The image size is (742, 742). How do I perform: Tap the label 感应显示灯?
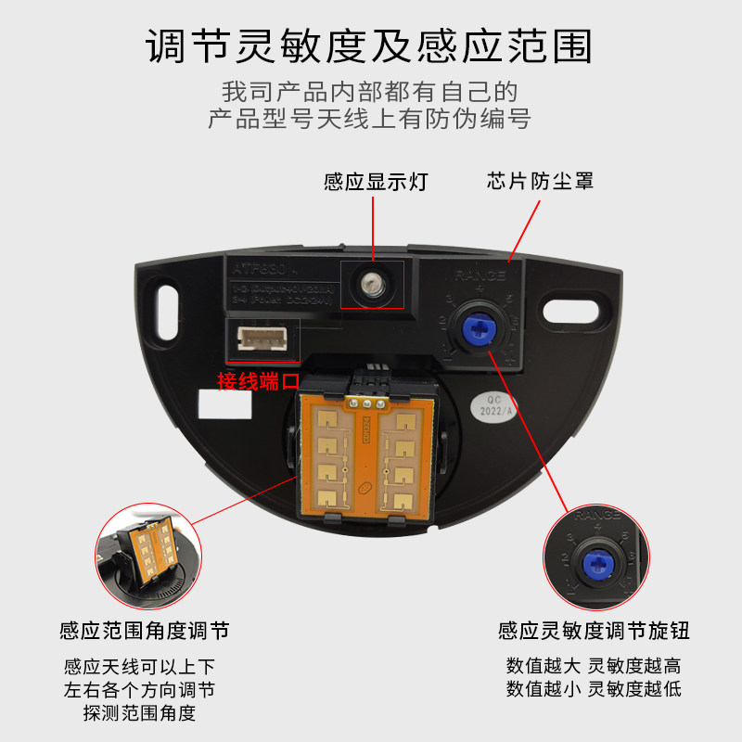point(375,181)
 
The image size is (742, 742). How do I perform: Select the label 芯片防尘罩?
point(540,181)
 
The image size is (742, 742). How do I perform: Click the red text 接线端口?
point(259,380)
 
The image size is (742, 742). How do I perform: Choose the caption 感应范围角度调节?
point(144,632)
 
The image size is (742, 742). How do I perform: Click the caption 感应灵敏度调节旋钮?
point(594,632)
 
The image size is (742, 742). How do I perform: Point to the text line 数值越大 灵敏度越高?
point(594,666)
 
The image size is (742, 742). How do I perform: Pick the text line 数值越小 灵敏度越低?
point(594,689)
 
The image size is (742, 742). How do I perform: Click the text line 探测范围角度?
point(139,713)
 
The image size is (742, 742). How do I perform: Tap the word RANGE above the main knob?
point(480,275)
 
